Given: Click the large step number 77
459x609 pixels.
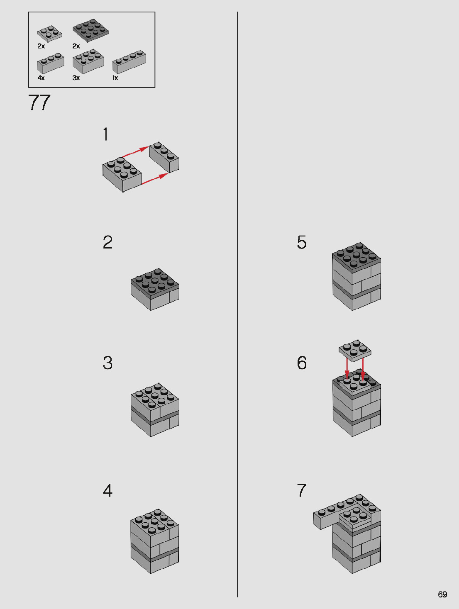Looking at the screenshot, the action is tap(39, 102).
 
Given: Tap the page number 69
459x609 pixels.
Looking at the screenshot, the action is tap(442, 594).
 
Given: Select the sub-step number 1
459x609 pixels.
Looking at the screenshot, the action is tap(105, 134).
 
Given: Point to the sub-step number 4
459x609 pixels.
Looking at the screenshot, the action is tap(107, 490).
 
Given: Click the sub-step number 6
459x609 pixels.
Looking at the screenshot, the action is tap(302, 363).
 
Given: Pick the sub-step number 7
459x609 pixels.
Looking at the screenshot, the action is tap(302, 490).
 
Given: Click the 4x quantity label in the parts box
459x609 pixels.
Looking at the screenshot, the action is tap(41, 78).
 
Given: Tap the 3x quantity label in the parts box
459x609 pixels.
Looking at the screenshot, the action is tap(76, 78).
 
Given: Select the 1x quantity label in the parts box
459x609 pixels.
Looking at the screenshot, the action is tap(115, 78).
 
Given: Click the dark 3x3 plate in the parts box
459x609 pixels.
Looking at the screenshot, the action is tap(90, 31).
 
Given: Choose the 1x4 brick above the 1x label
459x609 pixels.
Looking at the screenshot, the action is tap(129, 62).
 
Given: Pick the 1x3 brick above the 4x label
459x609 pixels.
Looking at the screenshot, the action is tap(51, 63).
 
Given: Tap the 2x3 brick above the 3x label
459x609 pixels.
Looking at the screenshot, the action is tap(88, 61).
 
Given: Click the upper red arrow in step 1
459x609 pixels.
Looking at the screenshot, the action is tap(135, 152).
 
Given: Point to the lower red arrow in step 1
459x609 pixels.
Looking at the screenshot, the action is tap(155, 178).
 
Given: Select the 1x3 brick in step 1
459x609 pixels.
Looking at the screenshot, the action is tap(164, 157).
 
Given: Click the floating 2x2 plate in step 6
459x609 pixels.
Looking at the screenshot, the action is tap(355, 351).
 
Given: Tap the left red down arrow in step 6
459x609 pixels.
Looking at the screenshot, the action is tap(347, 369).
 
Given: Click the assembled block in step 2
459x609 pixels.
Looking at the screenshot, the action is tap(154, 290).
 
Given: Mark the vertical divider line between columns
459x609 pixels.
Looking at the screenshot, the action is tap(237, 304).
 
